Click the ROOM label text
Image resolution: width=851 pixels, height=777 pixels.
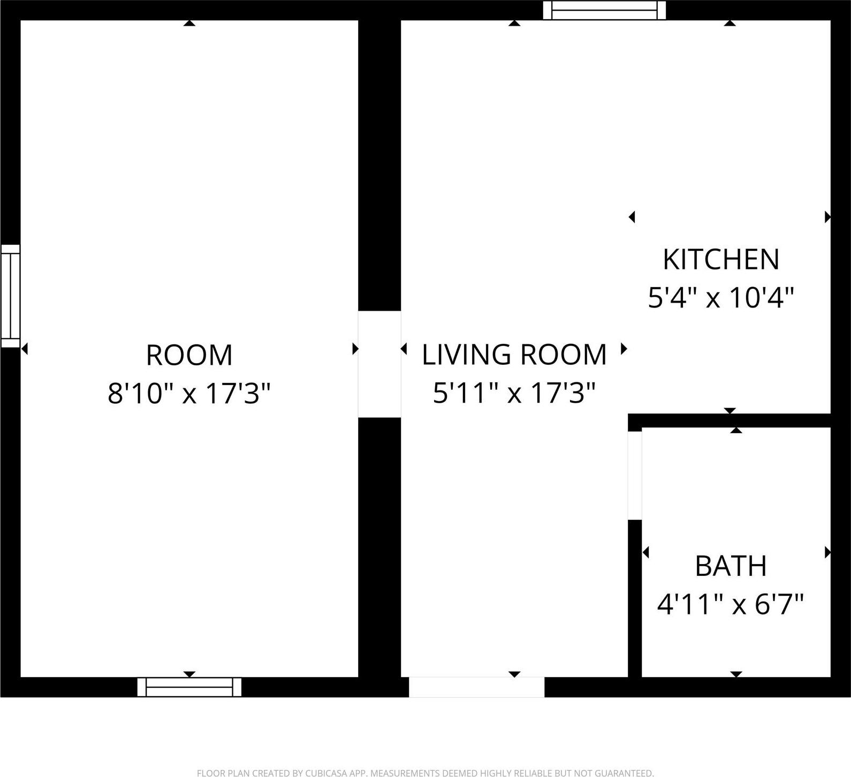(x=189, y=355)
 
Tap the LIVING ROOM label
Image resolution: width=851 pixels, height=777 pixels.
(x=514, y=355)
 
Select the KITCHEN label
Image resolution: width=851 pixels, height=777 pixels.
(x=720, y=259)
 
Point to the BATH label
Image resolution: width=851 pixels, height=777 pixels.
(x=731, y=566)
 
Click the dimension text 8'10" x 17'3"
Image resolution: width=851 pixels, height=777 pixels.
(x=189, y=394)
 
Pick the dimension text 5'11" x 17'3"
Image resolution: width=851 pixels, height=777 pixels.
(x=514, y=394)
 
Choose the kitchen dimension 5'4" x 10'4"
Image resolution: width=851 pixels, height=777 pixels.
(x=720, y=298)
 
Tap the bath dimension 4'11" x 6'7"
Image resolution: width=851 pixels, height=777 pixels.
(x=731, y=605)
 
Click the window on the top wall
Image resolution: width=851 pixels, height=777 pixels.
(x=604, y=10)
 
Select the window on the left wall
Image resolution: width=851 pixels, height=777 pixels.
(x=10, y=296)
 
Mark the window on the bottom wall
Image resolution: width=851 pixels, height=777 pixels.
(x=189, y=687)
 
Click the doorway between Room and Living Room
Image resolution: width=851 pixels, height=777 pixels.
(x=379, y=364)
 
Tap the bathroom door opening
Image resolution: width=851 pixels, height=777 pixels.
(x=635, y=475)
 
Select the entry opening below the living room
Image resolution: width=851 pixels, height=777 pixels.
(x=476, y=687)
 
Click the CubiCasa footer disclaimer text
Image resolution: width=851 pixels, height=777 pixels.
(x=425, y=773)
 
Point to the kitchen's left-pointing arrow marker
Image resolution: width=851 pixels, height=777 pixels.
(x=632, y=217)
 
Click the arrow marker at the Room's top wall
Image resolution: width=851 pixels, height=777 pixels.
(x=189, y=23)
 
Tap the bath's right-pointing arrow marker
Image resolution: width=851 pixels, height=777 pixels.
(x=827, y=552)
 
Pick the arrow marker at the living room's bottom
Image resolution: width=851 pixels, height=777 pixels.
(x=514, y=674)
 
